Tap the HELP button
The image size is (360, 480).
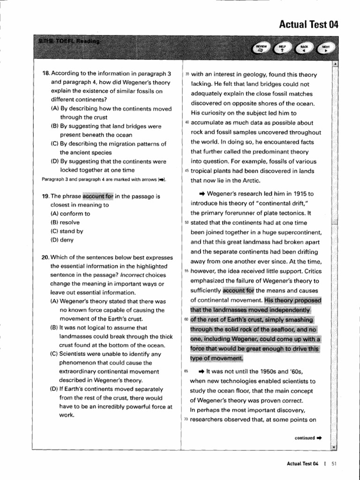point(282,48)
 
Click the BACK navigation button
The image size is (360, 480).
point(304,48)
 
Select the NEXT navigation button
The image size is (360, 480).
point(326,48)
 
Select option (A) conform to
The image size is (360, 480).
point(70,214)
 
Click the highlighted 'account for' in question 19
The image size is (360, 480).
point(98,196)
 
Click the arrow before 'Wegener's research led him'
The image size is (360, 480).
point(202,193)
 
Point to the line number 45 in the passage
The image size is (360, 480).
point(187,171)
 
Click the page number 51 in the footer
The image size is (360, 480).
point(334,464)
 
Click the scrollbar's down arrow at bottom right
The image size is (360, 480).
point(334,447)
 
